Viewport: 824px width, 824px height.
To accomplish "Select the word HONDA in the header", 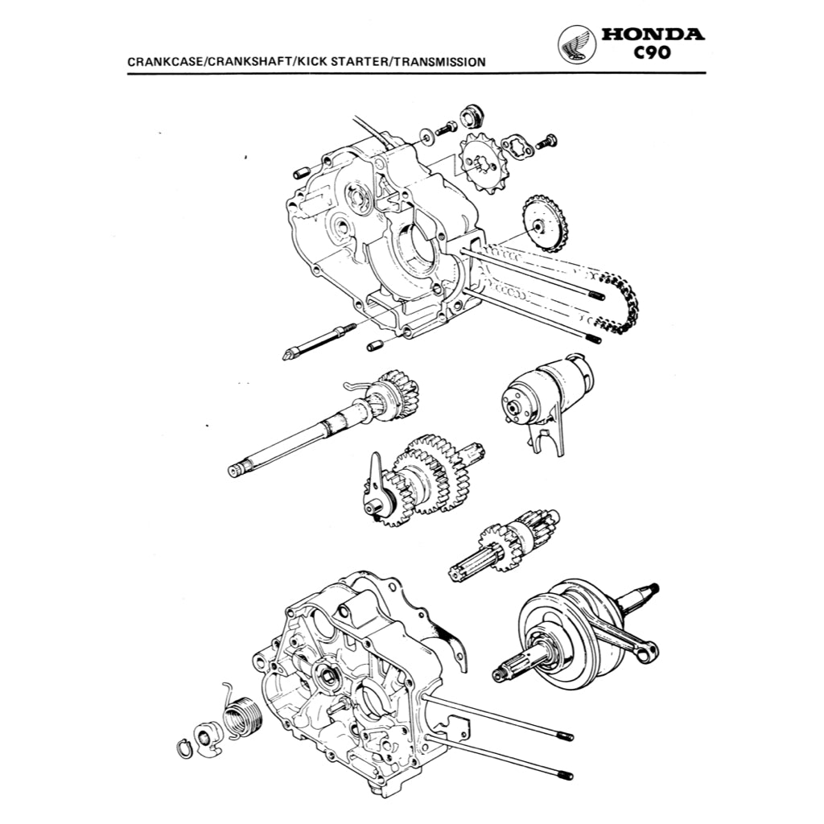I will (652, 35).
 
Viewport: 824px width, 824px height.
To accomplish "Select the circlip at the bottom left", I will (183, 746).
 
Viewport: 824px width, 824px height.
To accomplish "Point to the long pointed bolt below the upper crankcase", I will (320, 340).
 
